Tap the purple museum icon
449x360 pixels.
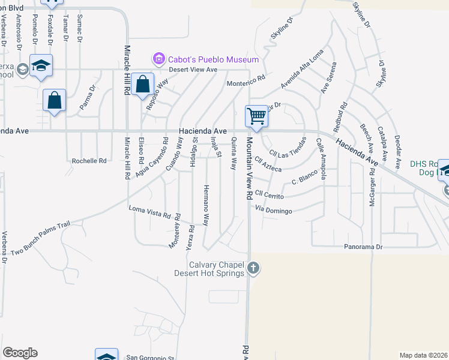(159, 59)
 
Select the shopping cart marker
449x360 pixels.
(257, 116)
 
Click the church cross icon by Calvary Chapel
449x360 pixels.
(253, 268)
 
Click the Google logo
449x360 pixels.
(20, 353)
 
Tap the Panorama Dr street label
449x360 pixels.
(363, 247)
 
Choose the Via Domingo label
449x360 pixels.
(274, 211)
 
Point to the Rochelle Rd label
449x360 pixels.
(89, 161)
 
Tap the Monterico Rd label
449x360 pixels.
(246, 79)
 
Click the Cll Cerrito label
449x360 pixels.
(268, 193)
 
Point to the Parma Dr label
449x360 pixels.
(88, 98)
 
